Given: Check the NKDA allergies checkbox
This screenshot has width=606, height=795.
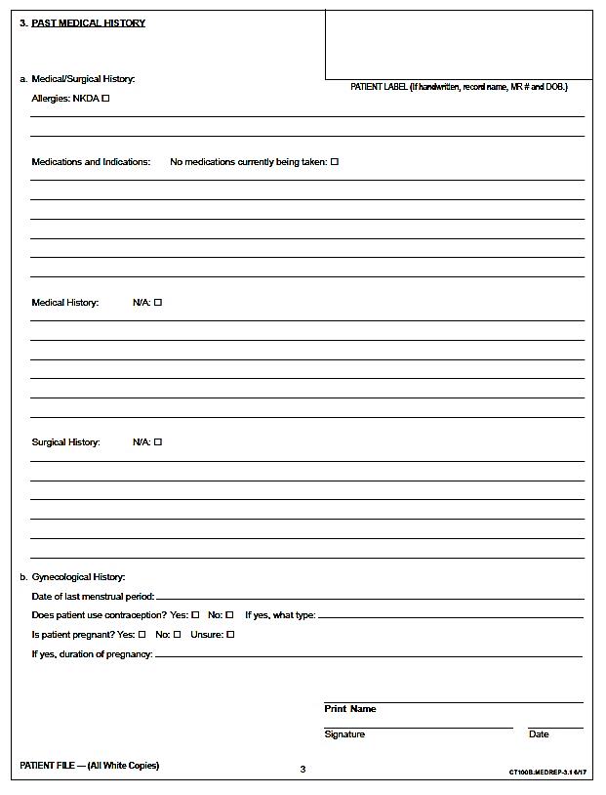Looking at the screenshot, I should (x=105, y=99).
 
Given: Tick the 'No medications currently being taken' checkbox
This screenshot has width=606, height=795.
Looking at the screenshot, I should (x=334, y=162).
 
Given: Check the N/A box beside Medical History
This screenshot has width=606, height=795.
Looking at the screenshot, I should (x=158, y=303).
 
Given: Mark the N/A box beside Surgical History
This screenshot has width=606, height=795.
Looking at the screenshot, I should (x=158, y=442).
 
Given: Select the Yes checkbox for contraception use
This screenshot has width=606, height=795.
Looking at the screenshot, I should (x=195, y=615).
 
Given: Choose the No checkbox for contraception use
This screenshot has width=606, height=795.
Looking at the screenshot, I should (x=229, y=615).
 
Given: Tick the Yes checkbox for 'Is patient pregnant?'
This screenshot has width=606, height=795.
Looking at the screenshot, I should (x=142, y=635).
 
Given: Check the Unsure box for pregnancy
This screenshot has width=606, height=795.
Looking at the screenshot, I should (x=231, y=635).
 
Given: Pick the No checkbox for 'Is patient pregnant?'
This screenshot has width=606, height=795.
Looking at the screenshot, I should (x=177, y=635).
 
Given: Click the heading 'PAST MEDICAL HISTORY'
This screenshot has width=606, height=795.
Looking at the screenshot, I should (x=88, y=22).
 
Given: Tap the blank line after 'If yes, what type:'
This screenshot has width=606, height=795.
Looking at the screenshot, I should (x=450, y=616).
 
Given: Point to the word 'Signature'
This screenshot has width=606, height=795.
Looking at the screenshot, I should (x=344, y=734).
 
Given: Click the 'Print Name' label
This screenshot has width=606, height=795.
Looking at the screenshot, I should (x=349, y=709).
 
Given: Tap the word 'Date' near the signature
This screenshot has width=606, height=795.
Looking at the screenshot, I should (x=539, y=734).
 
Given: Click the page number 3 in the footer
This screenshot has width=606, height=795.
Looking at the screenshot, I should (x=303, y=770).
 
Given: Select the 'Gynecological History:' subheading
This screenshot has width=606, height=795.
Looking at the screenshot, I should (x=78, y=577).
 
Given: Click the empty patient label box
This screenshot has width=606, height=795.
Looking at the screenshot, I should (x=458, y=44).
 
